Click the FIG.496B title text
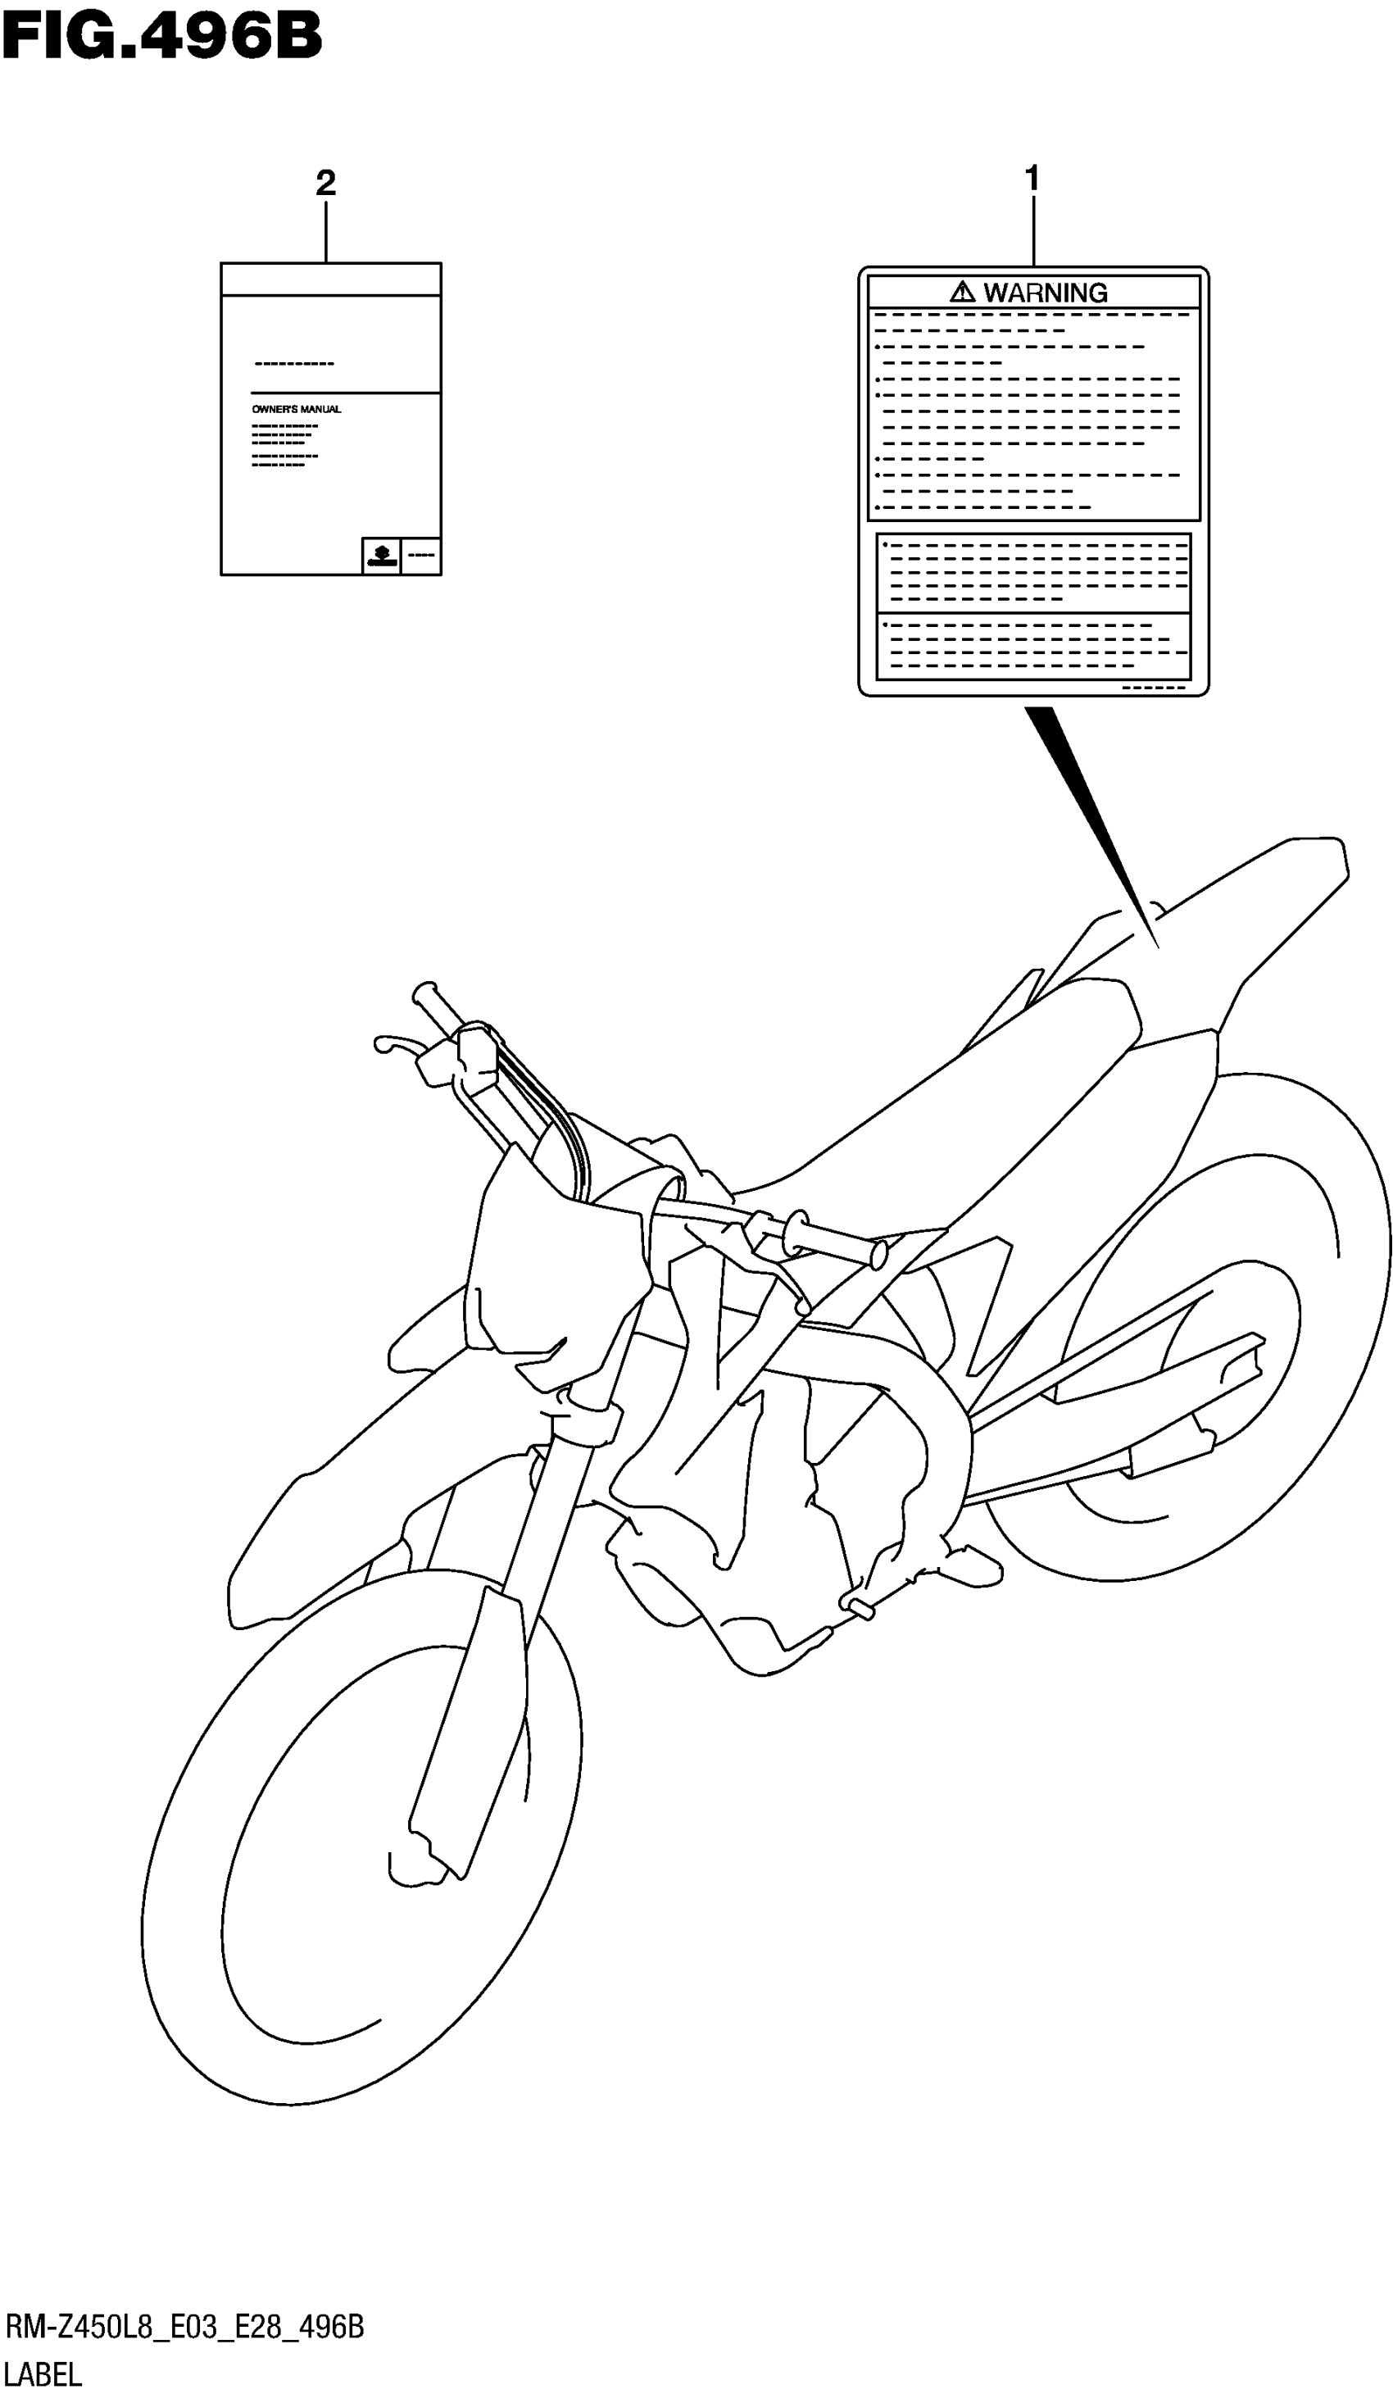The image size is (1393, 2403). pos(162,39)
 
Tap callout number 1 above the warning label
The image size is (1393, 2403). pos(1031,179)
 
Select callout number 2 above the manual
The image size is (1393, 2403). pos(325,183)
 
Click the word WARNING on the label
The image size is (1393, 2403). pos(1045,293)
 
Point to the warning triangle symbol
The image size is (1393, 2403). pos(962,292)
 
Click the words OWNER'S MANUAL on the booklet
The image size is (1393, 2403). pos(297,409)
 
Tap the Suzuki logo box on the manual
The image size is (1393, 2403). pos(381,556)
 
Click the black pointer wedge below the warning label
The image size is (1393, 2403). pos(1087,820)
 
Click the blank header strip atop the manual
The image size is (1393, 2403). pos(331,279)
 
